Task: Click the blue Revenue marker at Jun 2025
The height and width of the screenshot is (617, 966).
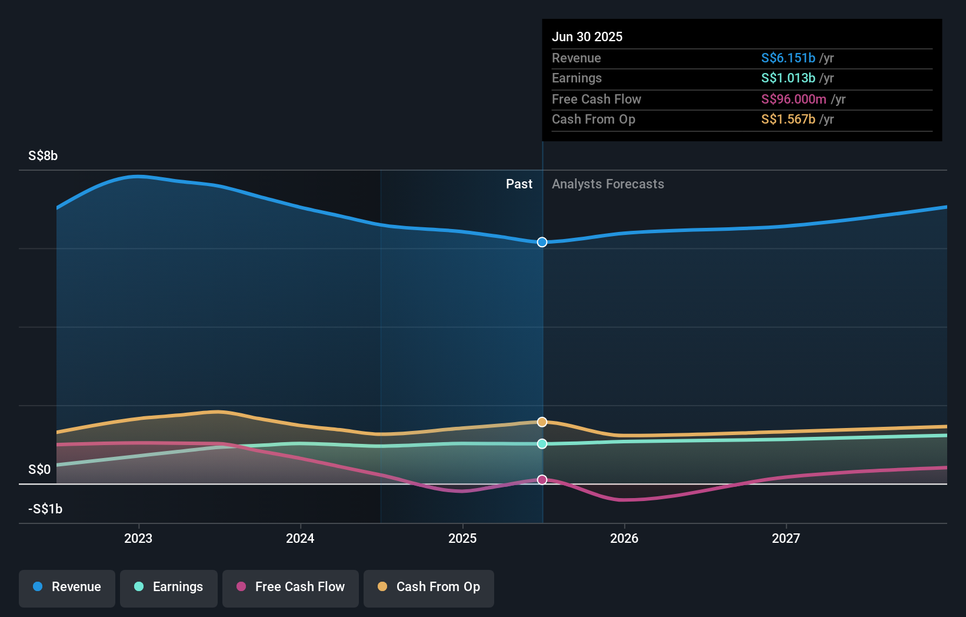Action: tap(542, 242)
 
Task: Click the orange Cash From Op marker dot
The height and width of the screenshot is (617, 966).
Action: tap(542, 422)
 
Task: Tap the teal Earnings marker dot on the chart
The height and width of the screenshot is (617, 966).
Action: tap(542, 444)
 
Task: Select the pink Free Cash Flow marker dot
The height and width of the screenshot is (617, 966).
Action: tap(542, 480)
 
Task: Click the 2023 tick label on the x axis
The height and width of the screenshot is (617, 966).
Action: tap(138, 538)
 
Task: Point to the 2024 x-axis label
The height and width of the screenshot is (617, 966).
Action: tap(300, 538)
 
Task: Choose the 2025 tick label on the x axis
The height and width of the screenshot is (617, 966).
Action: tap(462, 538)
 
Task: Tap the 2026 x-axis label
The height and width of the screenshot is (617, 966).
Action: tap(624, 538)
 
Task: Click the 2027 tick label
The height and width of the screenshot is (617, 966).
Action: tap(786, 538)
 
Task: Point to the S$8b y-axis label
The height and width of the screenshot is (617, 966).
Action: tap(43, 156)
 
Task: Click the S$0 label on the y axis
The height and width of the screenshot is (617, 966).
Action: tap(39, 470)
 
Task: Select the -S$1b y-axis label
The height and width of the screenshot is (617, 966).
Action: tap(45, 509)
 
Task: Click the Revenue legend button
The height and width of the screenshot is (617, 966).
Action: tap(67, 587)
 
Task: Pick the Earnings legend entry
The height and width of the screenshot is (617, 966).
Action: tap(169, 587)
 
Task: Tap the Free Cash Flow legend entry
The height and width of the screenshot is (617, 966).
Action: tap(291, 587)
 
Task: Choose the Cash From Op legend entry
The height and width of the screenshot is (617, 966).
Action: tap(429, 587)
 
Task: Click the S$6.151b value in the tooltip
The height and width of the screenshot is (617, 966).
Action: tap(788, 58)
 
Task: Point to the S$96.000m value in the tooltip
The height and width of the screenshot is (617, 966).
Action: tap(793, 99)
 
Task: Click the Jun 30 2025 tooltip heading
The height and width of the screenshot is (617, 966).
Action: tap(587, 37)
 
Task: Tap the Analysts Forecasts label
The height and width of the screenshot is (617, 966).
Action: tap(608, 184)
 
